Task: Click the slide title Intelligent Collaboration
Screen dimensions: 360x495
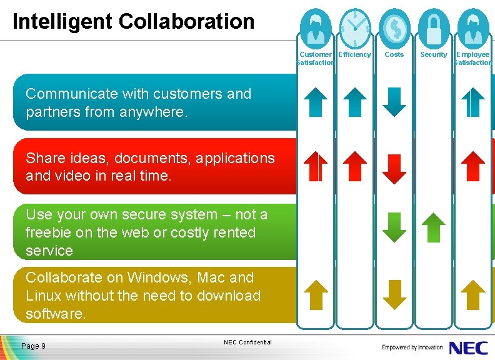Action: [133, 21]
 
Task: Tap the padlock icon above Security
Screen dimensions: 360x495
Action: [434, 24]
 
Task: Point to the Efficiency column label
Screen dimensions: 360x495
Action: [354, 55]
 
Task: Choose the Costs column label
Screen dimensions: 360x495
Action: [394, 55]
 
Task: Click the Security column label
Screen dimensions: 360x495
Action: [434, 55]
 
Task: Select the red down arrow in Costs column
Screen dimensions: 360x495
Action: [394, 167]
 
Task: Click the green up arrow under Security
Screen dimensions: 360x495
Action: [434, 227]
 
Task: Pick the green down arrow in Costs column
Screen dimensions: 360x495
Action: [394, 227]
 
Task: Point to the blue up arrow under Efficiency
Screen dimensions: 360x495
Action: [355, 102]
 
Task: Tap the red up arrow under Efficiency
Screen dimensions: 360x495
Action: [355, 166]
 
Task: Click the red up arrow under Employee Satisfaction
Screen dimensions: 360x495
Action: [473, 166]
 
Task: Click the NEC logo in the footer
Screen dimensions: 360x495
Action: [469, 347]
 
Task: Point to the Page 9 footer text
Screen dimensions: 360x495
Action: [33, 346]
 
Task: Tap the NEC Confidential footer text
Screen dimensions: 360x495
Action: [247, 342]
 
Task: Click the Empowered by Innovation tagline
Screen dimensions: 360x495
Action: [412, 347]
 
